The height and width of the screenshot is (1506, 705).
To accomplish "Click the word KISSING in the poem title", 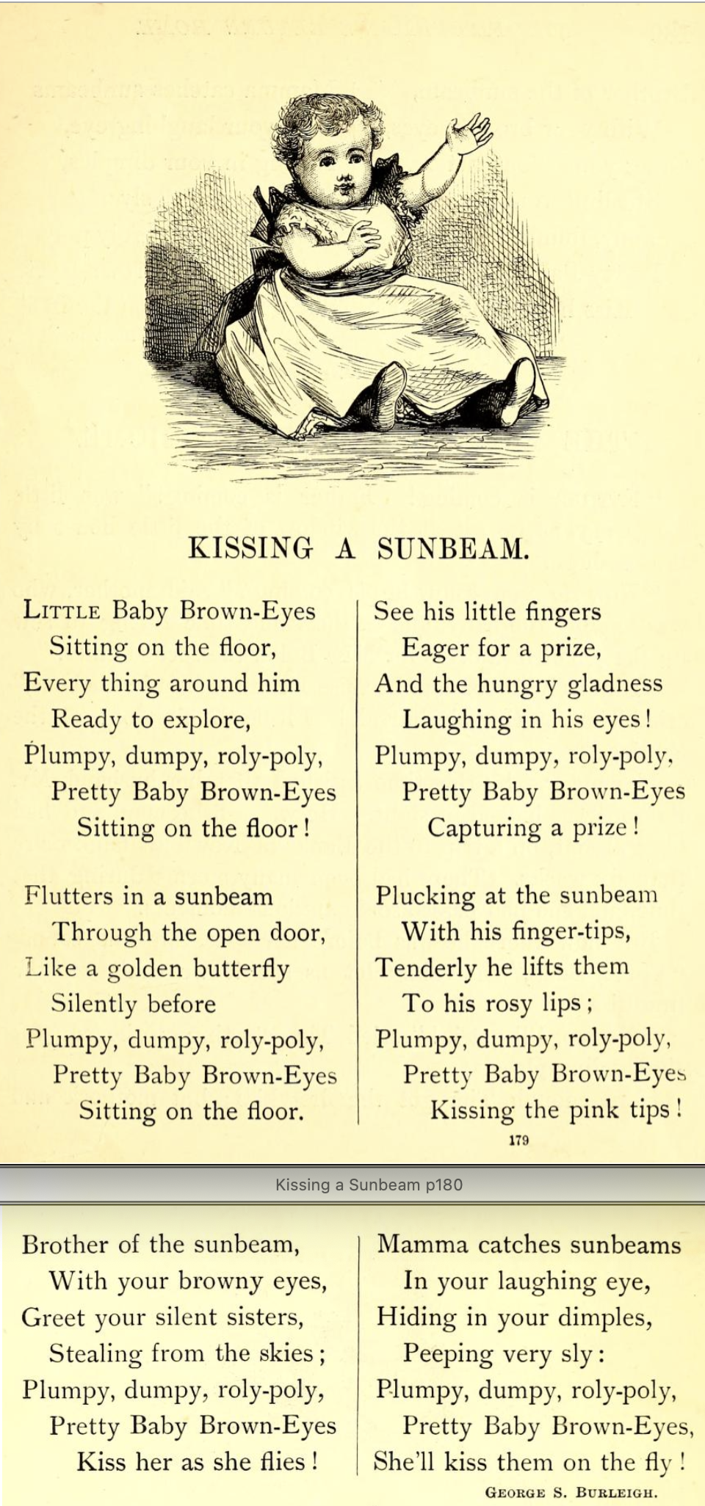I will pyautogui.click(x=250, y=548).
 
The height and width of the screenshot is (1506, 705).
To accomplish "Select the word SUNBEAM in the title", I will pyautogui.click(x=452, y=548).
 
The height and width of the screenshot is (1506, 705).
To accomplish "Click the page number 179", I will pyautogui.click(x=518, y=1140).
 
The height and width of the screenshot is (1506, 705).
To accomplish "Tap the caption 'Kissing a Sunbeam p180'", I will pyautogui.click(x=369, y=1184).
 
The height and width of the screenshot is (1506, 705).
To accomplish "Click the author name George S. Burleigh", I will pyautogui.click(x=571, y=1492).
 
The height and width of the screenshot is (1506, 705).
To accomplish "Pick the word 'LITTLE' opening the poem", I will pyautogui.click(x=62, y=611).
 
